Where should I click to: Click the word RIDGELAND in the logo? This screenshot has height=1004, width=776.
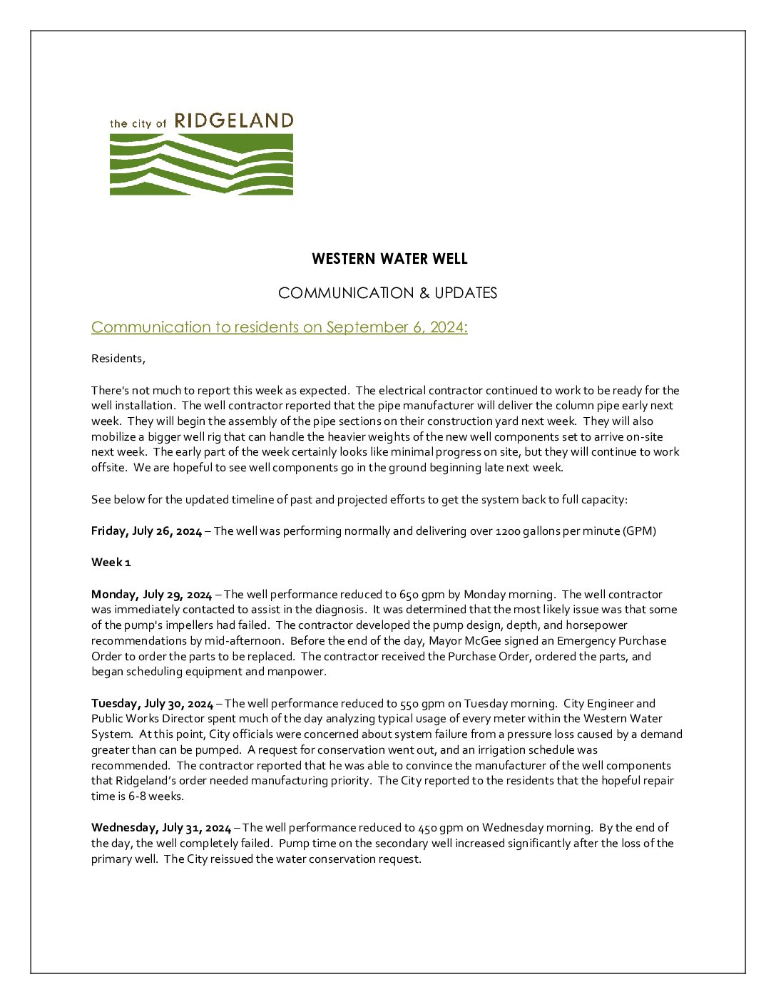[x=233, y=121]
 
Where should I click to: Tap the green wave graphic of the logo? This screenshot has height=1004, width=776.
[x=201, y=164]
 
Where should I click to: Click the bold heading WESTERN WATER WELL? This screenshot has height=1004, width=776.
[x=389, y=259]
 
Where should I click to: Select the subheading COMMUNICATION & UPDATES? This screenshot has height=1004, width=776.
[x=387, y=293]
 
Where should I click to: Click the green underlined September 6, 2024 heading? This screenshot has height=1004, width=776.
[x=279, y=327]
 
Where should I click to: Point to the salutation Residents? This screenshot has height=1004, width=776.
[x=118, y=359]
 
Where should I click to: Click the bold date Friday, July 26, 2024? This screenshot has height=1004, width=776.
[x=146, y=531]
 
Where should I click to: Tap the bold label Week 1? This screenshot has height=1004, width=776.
[x=111, y=563]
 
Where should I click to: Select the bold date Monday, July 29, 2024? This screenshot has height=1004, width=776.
[x=151, y=595]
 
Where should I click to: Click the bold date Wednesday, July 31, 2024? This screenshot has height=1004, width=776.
[x=161, y=828]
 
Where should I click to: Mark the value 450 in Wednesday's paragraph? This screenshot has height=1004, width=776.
[x=427, y=828]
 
